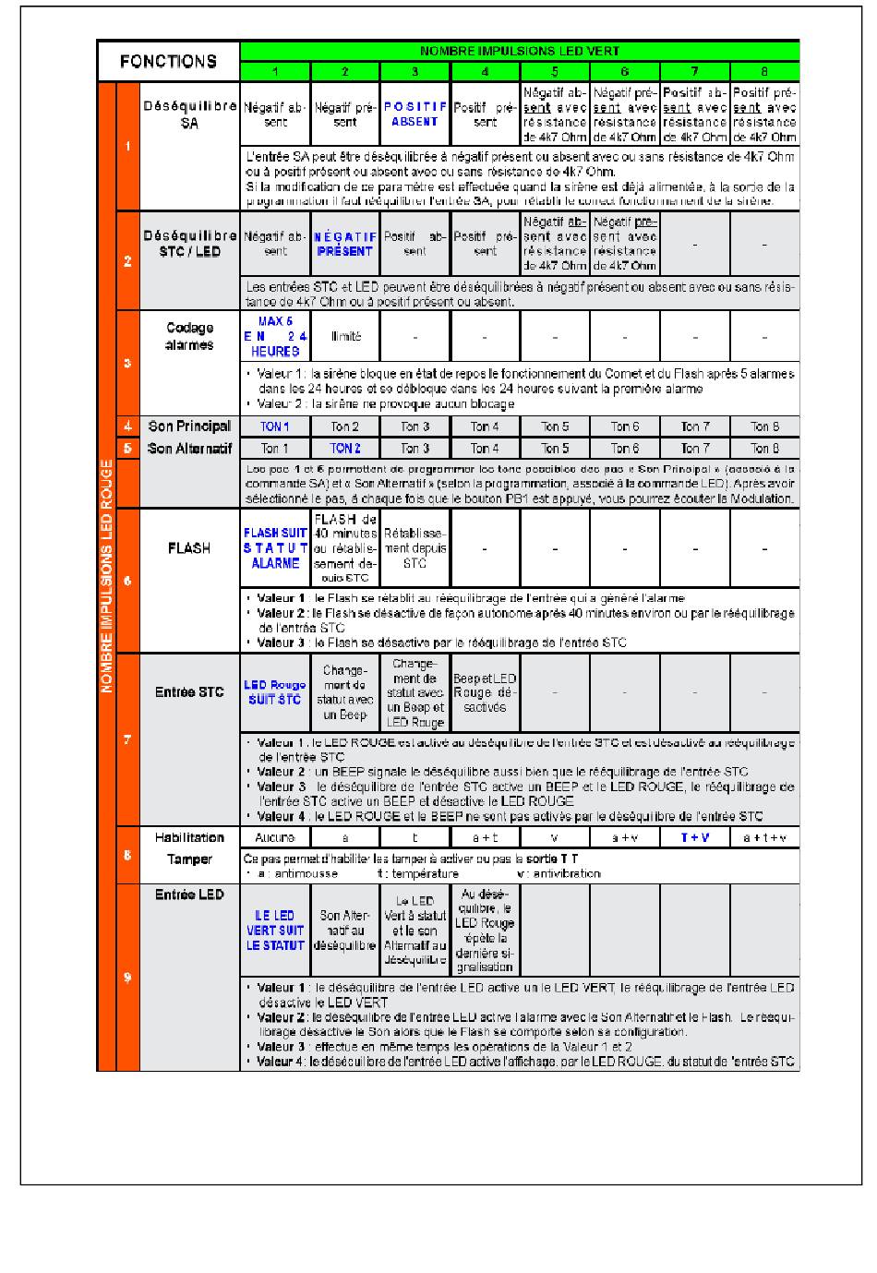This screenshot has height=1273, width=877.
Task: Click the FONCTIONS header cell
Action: click(168, 62)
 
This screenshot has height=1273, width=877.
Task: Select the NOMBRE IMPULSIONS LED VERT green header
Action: click(520, 52)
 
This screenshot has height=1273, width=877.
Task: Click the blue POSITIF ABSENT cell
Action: click(414, 114)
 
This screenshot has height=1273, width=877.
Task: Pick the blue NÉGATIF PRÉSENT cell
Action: click(344, 244)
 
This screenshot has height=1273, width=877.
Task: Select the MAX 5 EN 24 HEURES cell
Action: click(274, 336)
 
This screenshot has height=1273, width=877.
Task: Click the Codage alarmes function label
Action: click(189, 336)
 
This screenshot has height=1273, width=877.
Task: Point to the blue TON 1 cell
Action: click(274, 426)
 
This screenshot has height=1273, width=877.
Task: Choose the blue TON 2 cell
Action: click(344, 449)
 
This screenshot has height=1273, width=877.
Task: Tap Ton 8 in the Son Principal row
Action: click(764, 426)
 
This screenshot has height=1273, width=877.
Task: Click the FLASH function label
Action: click(189, 548)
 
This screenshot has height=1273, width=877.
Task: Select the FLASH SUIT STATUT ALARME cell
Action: click(275, 547)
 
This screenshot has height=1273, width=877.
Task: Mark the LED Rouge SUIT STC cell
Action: click(275, 692)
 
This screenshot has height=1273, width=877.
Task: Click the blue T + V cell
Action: click(694, 837)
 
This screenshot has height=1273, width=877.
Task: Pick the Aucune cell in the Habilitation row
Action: click(275, 837)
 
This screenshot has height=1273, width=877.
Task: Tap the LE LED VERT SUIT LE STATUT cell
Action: click(275, 931)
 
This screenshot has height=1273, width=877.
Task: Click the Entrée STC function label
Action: click(189, 691)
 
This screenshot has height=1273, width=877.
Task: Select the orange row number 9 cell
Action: click(127, 978)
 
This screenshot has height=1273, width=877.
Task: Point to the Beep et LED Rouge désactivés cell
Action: click(485, 692)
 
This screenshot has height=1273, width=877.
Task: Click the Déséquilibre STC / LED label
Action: click(189, 244)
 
